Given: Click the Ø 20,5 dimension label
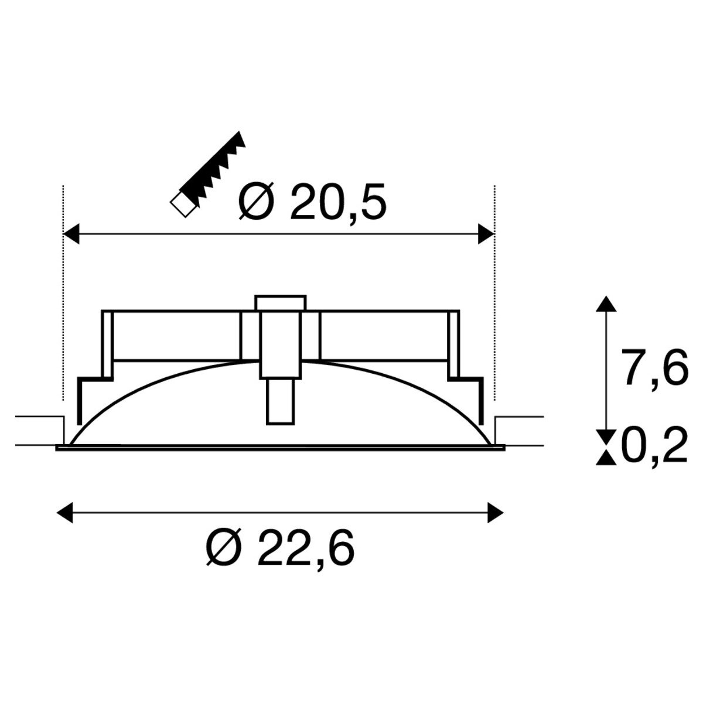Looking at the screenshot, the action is click(312, 203).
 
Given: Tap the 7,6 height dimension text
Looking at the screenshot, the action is click(654, 367).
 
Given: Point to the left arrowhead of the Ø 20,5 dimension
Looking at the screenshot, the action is click(71, 234).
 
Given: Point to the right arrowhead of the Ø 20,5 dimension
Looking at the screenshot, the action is click(486, 234).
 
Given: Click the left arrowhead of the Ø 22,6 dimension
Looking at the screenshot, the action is click(65, 513).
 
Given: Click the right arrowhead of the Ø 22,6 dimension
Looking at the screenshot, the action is click(496, 513).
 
